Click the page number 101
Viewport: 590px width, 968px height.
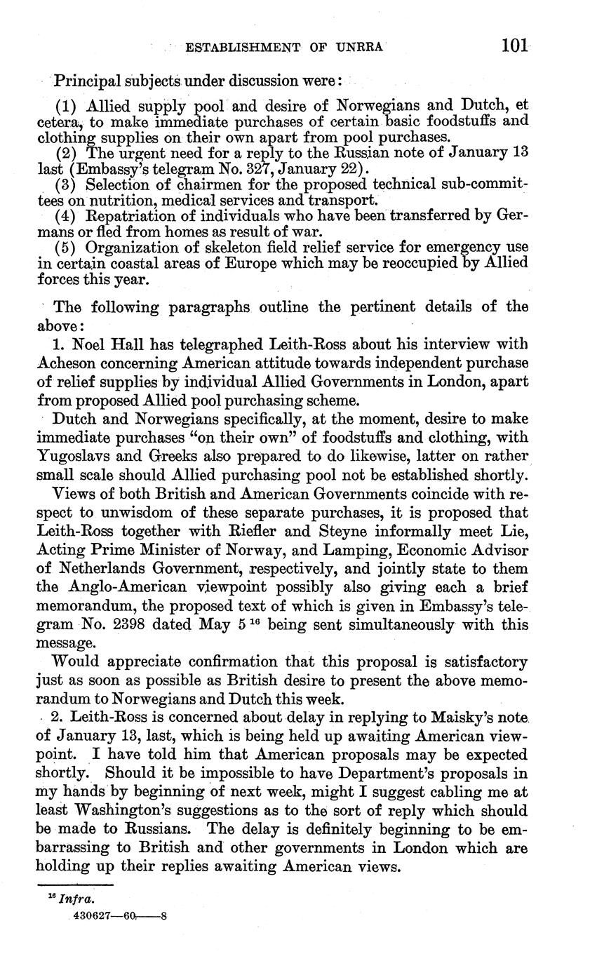514,47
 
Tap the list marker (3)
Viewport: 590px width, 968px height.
67,185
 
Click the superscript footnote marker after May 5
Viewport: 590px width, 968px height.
260,620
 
